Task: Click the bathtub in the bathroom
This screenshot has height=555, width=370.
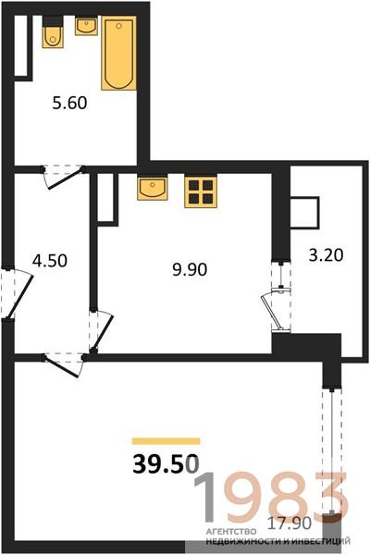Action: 119,53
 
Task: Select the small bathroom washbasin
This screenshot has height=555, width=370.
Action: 86,27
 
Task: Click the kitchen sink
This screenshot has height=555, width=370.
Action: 153,188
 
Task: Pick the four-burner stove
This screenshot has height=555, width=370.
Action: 201,191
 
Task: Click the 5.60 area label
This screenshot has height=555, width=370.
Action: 69,104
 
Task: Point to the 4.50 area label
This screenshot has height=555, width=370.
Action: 50,261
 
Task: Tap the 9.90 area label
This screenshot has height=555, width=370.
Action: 190,270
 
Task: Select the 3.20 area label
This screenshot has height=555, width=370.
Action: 326,255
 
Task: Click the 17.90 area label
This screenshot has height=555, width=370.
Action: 289,524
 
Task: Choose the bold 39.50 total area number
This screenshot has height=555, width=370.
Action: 166,464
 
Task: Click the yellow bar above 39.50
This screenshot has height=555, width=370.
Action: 166,441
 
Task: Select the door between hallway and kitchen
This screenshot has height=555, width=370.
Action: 101,331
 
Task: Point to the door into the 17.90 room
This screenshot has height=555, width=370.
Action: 64,364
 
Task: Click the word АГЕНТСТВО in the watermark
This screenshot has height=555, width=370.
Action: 231,531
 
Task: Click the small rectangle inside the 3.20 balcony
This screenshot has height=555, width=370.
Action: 305,213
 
